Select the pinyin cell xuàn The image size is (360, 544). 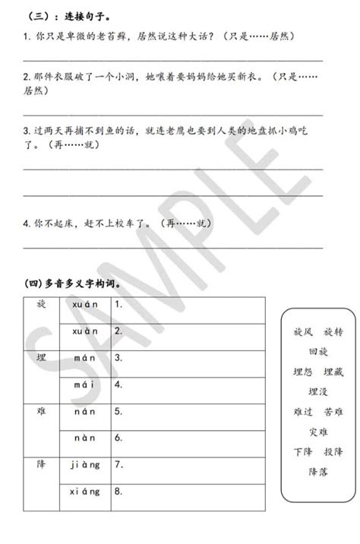tap(84, 331)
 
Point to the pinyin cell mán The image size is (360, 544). tap(84, 357)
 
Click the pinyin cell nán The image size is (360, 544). tap(84, 411)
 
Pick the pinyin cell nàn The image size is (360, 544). tap(84, 438)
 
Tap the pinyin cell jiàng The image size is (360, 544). tap(84, 464)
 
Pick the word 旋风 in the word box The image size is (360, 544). tap(302, 333)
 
